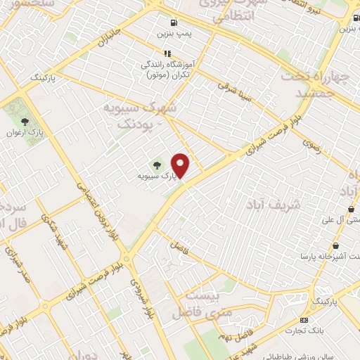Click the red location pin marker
pos(181,165)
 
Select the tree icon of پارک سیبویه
pos(157,165)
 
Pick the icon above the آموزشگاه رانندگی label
pos(167,53)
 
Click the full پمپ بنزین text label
pos(174,33)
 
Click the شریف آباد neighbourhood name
pos(274,205)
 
